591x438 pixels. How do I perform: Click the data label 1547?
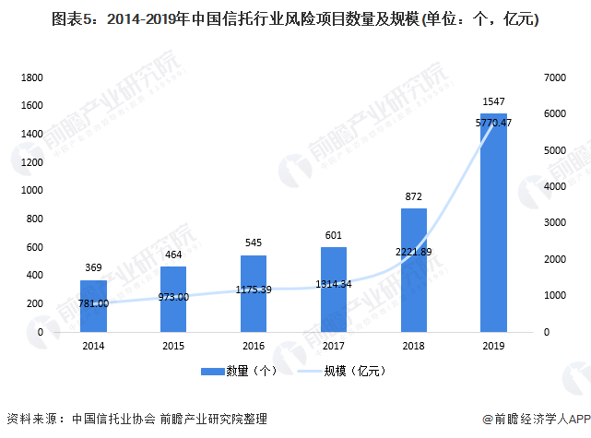493,101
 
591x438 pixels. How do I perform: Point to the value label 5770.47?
493,122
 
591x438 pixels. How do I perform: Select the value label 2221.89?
414,251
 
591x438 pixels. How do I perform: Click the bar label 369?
93,267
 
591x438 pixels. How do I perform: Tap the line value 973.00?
172,297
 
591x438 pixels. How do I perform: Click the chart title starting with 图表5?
295,19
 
